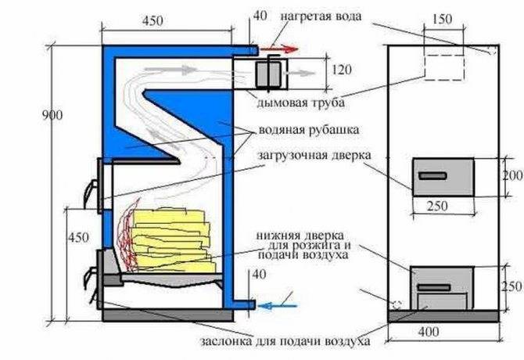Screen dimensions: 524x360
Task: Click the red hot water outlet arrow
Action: tap(279, 50)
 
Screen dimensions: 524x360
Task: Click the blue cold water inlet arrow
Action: tap(277, 305)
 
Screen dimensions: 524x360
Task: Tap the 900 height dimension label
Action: tap(52, 115)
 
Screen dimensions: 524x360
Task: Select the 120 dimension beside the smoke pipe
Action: tap(342, 70)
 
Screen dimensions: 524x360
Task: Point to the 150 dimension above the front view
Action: tap(442, 19)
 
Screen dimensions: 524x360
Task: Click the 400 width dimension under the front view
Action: tap(429, 332)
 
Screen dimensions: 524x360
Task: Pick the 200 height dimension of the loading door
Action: tap(512, 175)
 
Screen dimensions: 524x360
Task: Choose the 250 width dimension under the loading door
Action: tap(437, 206)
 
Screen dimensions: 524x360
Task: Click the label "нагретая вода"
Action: tap(321, 16)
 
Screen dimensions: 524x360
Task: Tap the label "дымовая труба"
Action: tap(301, 103)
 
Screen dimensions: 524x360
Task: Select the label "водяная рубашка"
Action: tap(309, 130)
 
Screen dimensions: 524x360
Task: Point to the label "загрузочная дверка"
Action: tap(314, 156)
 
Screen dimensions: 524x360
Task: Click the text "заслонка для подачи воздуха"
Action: tap(285, 342)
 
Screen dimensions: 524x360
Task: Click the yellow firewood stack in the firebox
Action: tap(172, 240)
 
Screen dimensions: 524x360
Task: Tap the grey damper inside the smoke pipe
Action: tap(267, 74)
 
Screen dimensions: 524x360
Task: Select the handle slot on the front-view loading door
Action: tap(432, 176)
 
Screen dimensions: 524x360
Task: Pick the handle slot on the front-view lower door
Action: tap(434, 287)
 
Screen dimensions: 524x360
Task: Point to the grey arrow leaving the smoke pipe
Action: tap(299, 74)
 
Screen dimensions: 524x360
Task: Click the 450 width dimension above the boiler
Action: tap(153, 21)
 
